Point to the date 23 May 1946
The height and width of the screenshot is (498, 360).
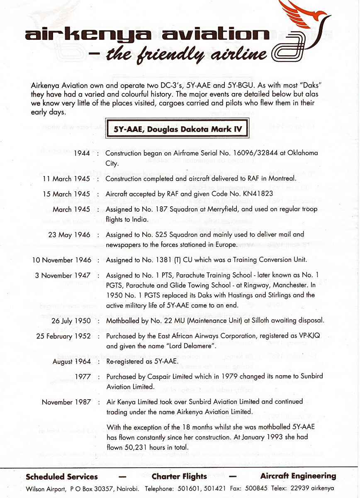click(69, 235)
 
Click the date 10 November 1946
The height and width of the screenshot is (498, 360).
click(61, 260)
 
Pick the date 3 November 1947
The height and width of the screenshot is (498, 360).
click(63, 276)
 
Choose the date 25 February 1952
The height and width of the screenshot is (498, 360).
click(63, 336)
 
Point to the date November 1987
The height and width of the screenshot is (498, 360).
click(66, 402)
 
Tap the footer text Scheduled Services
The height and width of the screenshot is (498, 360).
click(62, 476)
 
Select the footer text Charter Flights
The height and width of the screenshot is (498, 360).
click(179, 476)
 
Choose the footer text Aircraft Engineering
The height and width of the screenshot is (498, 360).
click(298, 476)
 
